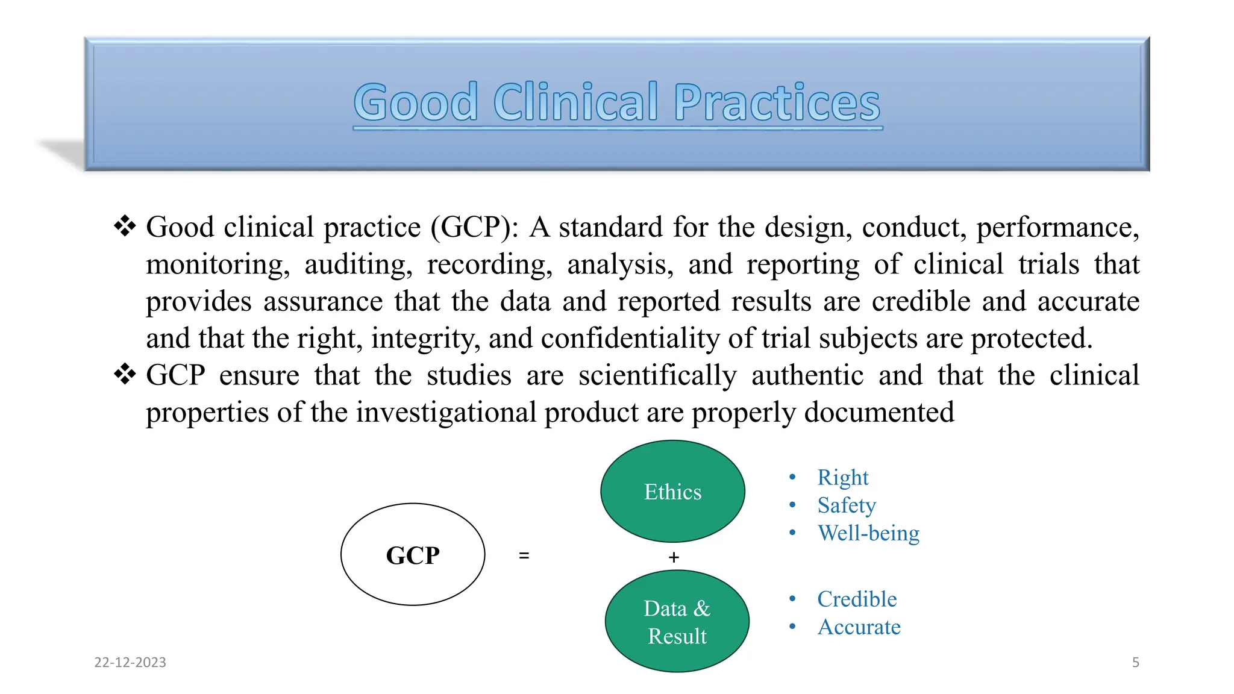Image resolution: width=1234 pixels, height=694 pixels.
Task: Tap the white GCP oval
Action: coord(413,554)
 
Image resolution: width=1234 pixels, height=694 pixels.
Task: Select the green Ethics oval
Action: coord(672,492)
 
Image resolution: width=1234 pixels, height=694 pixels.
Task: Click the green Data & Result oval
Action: coord(677,622)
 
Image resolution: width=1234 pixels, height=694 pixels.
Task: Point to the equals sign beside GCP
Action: coord(524,555)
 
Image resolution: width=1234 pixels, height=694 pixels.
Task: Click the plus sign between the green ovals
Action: coord(674,557)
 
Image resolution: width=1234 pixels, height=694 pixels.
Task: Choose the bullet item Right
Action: coord(842,477)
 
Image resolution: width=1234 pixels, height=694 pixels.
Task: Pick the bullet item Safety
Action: coord(846,505)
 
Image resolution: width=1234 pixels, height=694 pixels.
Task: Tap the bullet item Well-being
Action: coord(868,533)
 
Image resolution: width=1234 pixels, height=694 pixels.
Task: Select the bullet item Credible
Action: coord(857,599)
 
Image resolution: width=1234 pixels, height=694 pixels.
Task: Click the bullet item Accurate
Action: coord(859,627)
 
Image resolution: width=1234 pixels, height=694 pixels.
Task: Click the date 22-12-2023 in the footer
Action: coord(130,662)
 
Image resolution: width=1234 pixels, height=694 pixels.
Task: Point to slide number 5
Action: coord(1135,662)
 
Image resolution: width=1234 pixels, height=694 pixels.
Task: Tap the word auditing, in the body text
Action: coord(358,265)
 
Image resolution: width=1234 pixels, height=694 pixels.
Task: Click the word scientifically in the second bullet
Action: coord(657,376)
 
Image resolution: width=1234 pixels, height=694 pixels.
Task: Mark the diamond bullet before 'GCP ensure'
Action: coord(125,375)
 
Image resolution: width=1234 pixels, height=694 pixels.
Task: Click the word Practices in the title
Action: coord(777,102)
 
